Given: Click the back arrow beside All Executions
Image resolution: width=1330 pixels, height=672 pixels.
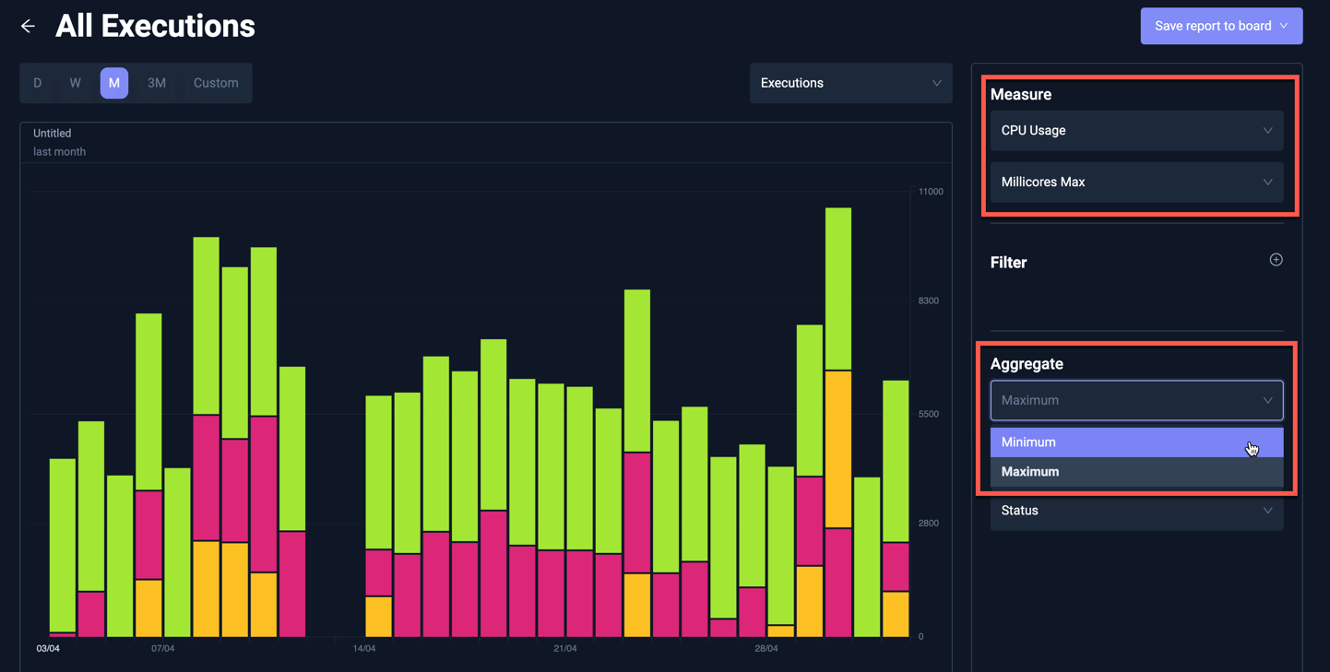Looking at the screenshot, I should pos(28,27).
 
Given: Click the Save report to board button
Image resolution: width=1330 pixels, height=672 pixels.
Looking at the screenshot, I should pos(1220,26).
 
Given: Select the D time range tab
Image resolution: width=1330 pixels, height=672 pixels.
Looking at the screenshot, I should pos(38,83).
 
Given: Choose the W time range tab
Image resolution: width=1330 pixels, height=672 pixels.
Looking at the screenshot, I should pos(75,83).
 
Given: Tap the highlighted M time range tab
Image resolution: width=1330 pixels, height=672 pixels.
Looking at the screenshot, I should pos(114,83).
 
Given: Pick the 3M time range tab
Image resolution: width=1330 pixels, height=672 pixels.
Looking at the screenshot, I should pos(157,83).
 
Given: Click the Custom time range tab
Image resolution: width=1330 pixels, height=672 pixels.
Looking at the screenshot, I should pos(216,83).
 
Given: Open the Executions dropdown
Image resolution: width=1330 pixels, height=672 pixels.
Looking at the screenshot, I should pos(850,83).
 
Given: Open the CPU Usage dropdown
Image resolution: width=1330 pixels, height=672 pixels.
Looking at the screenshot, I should pos(1136,131).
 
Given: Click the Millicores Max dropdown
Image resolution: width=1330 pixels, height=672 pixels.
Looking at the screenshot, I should pos(1136,183).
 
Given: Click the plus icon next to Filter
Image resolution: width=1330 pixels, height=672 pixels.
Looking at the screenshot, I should pos(1276,260).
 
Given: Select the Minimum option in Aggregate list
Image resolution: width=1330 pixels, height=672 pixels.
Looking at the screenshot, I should pos(1136,442).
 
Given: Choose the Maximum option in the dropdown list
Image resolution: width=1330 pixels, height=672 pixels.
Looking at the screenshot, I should pos(1136,472).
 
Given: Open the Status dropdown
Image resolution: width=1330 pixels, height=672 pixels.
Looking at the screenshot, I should pos(1136,511).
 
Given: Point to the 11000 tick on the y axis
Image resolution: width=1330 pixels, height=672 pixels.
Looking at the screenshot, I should pos(931,192).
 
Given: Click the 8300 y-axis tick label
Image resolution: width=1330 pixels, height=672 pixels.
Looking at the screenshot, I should pos(928,301).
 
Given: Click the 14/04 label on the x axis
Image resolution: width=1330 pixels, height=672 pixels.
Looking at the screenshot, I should pos(364,649).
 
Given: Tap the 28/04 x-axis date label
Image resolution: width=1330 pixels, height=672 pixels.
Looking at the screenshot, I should pos(766,649).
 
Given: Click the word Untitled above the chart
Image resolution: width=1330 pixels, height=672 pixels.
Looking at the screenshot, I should pos(53,134).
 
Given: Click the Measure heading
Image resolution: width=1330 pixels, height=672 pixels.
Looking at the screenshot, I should pos(1020,95).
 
